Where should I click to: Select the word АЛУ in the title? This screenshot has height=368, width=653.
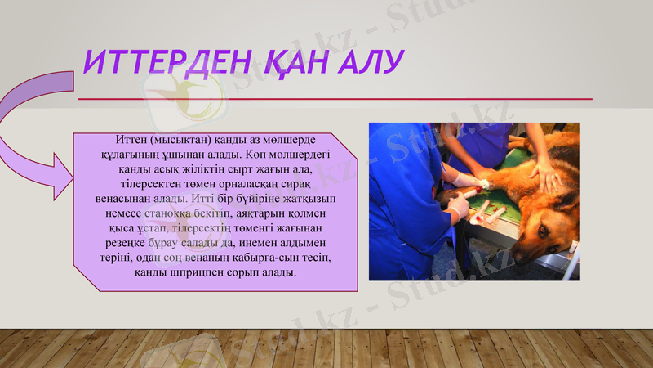372,61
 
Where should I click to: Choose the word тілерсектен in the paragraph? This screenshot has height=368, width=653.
149,183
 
